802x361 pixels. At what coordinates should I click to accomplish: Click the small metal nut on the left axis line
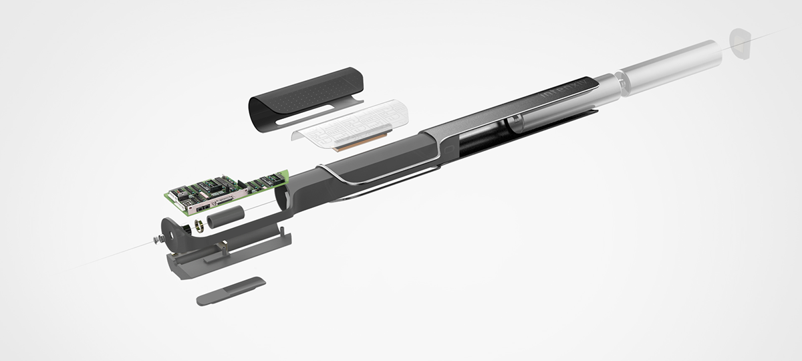[x=156, y=239]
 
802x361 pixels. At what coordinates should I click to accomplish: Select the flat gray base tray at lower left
[x=221, y=257]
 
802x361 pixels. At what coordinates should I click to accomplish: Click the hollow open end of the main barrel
[x=283, y=197]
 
